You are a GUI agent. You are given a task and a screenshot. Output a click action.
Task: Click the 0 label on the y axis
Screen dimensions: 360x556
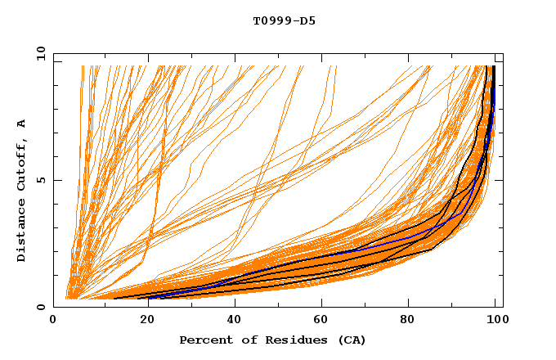(x=41, y=307)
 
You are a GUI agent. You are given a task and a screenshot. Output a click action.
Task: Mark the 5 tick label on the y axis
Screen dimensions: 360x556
(x=41, y=180)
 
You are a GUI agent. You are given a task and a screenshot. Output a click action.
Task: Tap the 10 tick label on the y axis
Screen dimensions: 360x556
(x=38, y=53)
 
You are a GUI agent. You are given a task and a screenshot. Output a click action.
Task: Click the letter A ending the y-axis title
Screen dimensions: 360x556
(x=21, y=124)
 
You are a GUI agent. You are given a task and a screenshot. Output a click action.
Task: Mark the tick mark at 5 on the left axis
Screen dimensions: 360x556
(x=56, y=180)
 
